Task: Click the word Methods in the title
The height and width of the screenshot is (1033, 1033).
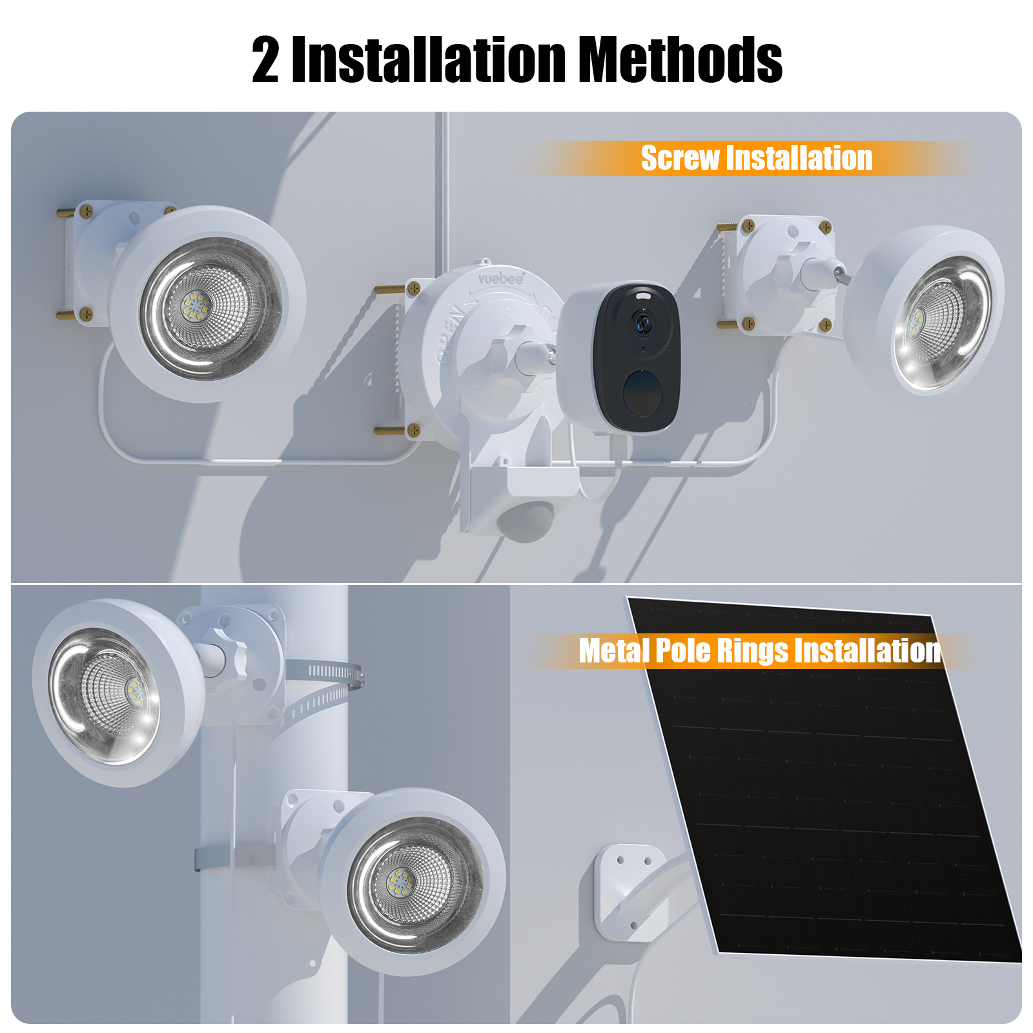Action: (x=679, y=59)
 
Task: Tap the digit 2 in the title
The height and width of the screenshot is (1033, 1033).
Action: (x=265, y=60)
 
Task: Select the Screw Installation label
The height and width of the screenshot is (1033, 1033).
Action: (x=756, y=158)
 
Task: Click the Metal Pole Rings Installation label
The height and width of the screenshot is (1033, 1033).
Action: (x=759, y=650)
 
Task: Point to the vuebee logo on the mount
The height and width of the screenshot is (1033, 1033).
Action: (x=501, y=278)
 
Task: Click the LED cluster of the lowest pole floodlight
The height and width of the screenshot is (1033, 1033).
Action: (x=400, y=883)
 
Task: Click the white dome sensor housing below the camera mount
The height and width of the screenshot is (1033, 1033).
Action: (x=526, y=520)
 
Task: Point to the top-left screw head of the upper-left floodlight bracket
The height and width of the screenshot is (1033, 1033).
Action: (x=86, y=210)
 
